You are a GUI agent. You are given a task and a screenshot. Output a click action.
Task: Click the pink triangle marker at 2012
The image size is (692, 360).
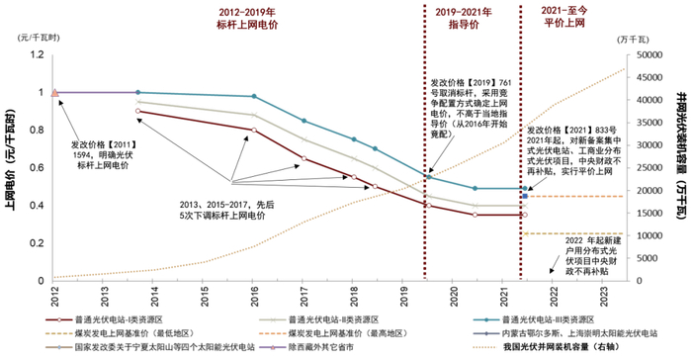pos(54,93)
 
